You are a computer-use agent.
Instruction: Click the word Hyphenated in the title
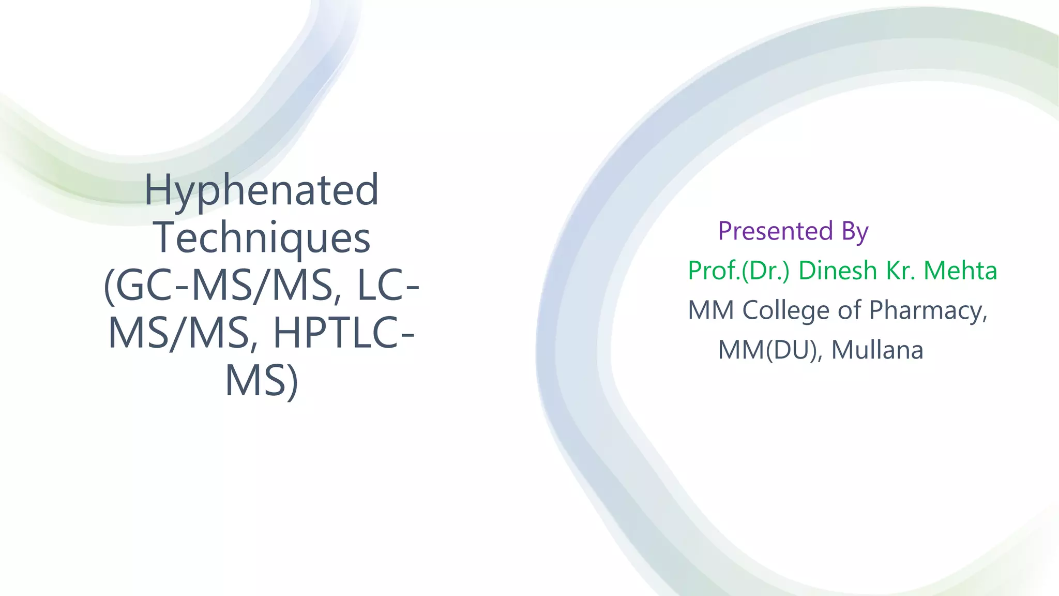click(261, 190)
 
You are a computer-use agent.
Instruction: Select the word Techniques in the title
click(263, 238)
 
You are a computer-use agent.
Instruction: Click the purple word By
click(855, 232)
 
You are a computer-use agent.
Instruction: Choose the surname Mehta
click(960, 271)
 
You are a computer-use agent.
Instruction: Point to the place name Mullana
click(877, 350)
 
